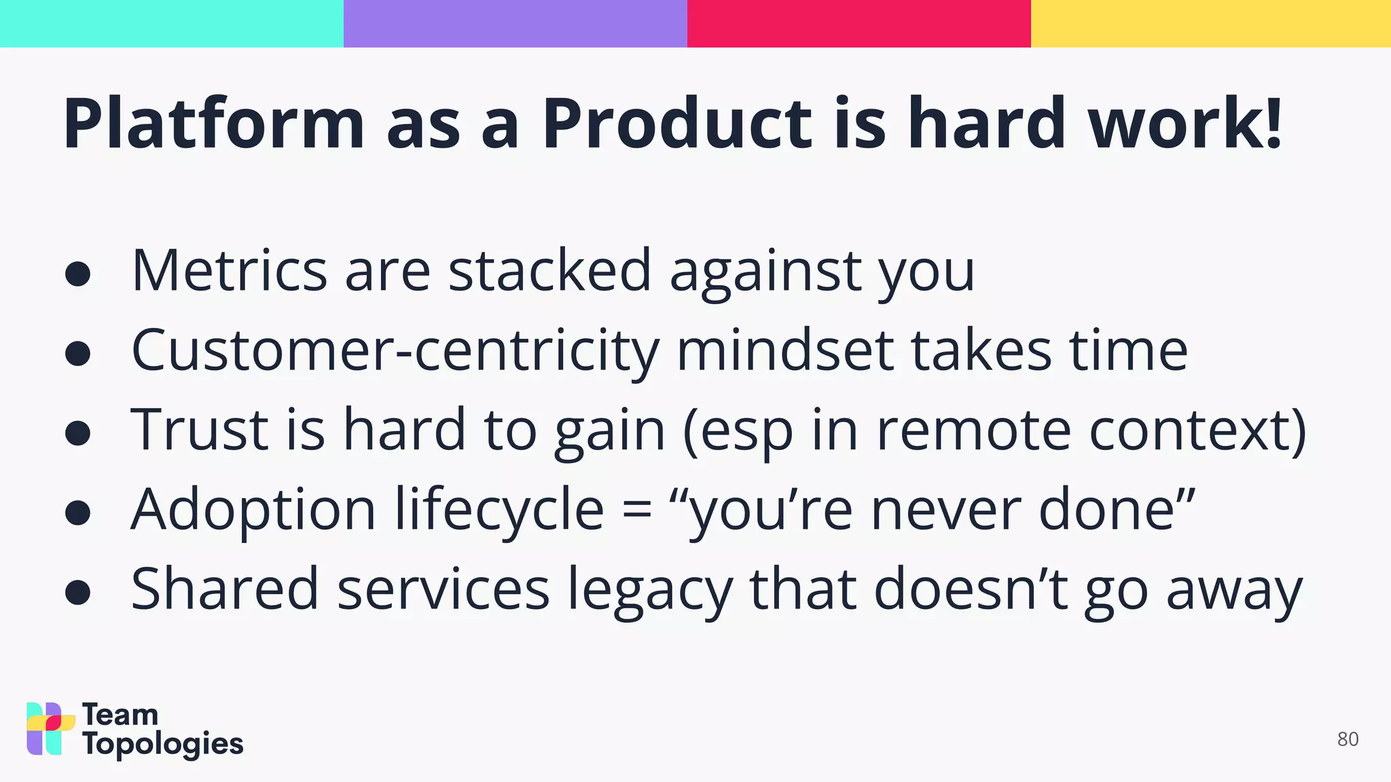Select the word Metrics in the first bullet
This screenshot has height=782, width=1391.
click(x=229, y=271)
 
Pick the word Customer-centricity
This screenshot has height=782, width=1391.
click(x=395, y=351)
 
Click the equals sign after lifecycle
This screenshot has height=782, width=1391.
click(x=636, y=510)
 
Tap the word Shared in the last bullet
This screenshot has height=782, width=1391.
click(x=224, y=589)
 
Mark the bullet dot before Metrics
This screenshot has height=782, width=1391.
click(x=78, y=274)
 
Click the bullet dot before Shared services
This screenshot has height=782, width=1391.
click(x=78, y=592)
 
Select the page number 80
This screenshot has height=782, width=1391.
click(x=1348, y=739)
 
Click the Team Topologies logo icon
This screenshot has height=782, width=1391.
click(x=50, y=728)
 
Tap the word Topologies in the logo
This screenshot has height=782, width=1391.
click(x=163, y=745)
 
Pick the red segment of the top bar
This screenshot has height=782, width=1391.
click(x=859, y=23)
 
